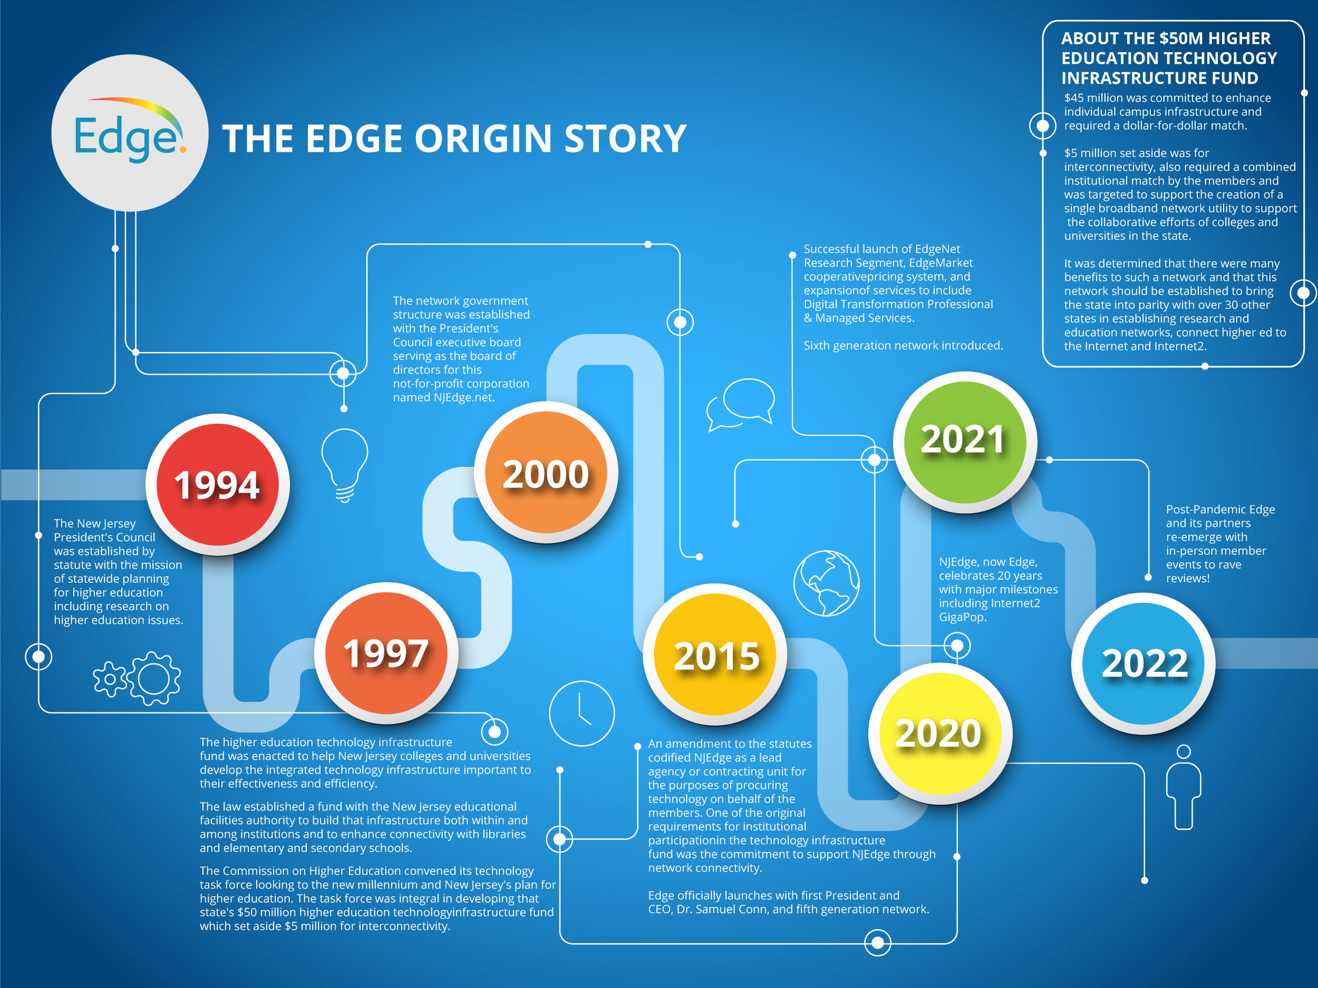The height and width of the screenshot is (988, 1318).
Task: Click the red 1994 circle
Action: click(x=218, y=484)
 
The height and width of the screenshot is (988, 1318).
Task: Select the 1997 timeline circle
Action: click(x=386, y=653)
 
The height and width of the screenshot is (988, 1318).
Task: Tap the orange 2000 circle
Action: click(x=546, y=473)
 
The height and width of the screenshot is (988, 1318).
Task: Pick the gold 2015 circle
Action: click(x=715, y=654)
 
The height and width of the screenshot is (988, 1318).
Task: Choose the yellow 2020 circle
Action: click(x=940, y=732)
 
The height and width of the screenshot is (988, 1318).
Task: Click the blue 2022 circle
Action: click(x=1143, y=663)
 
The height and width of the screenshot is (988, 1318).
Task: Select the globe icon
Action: click(x=827, y=583)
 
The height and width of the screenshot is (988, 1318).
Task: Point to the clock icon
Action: click(x=582, y=713)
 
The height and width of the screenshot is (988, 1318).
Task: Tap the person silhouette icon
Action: click(x=1184, y=787)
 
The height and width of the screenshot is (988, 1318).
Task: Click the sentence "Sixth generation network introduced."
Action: click(x=903, y=346)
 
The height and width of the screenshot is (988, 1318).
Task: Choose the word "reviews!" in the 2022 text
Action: click(x=1187, y=578)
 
